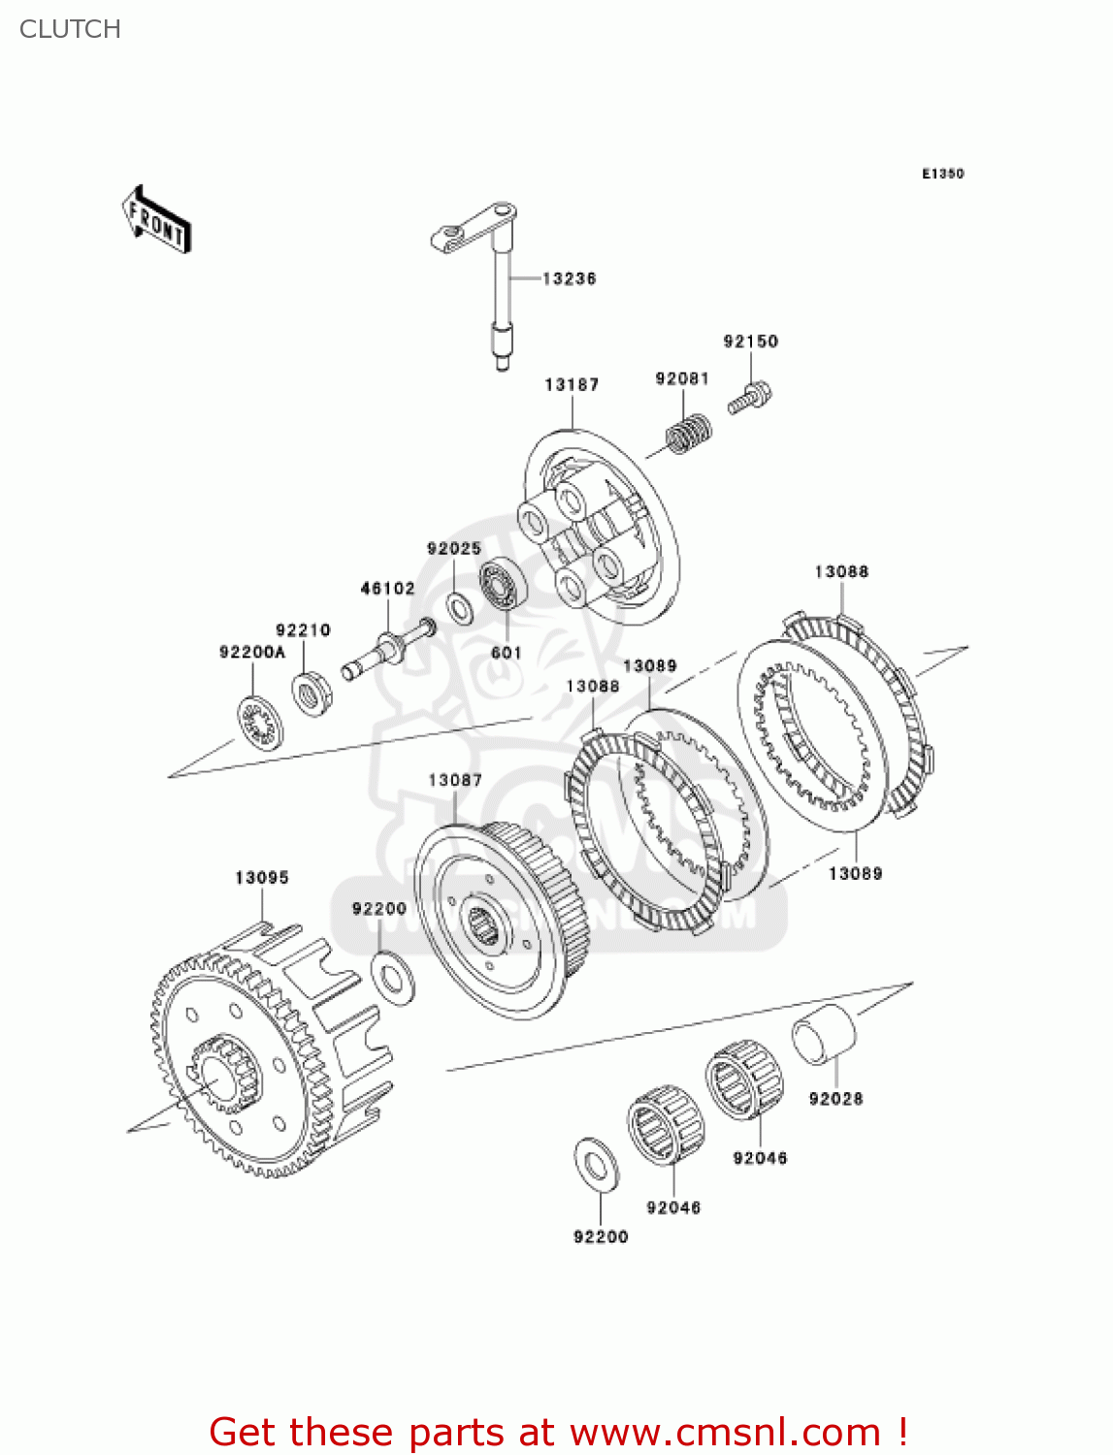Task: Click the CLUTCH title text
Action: pyautogui.click(x=70, y=29)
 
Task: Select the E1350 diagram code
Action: pyautogui.click(x=942, y=174)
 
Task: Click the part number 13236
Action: pyautogui.click(x=569, y=278)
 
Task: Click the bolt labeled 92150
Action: pyautogui.click(x=751, y=399)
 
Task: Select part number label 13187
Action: pyautogui.click(x=572, y=385)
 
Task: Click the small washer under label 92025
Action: pyautogui.click(x=460, y=608)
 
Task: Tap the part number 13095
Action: pyautogui.click(x=262, y=878)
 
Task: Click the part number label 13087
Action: pyautogui.click(x=455, y=781)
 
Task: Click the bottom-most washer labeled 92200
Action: pyautogui.click(x=598, y=1163)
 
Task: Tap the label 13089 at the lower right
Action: pyautogui.click(x=855, y=874)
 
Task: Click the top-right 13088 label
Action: pyautogui.click(x=841, y=572)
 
